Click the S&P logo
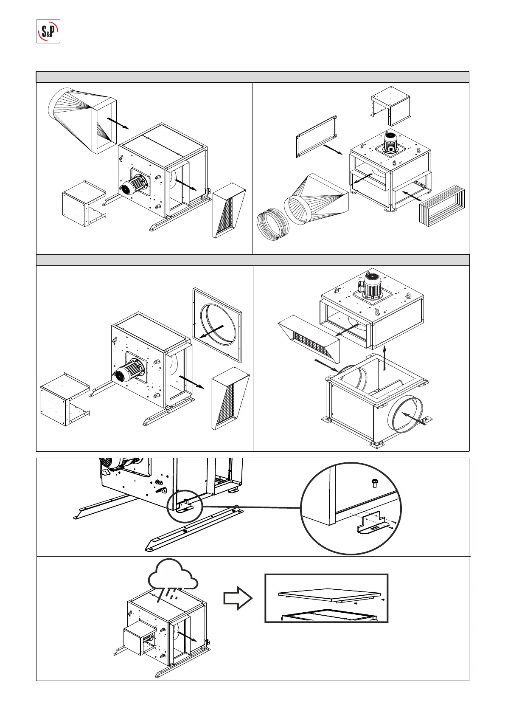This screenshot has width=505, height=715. tap(48, 31)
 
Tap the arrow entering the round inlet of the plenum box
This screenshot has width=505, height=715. tap(413, 418)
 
